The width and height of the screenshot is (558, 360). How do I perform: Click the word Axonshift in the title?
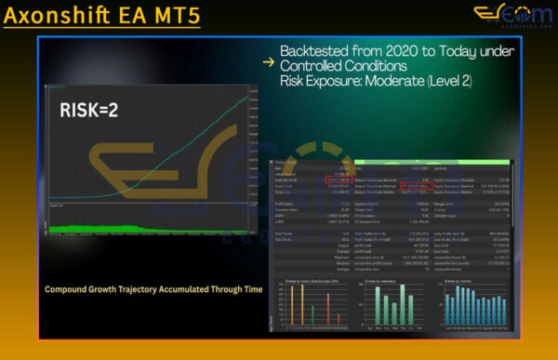tap(64, 18)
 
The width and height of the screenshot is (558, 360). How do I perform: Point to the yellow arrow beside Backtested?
tap(268, 62)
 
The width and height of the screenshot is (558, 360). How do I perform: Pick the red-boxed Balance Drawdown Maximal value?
tap(415, 186)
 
